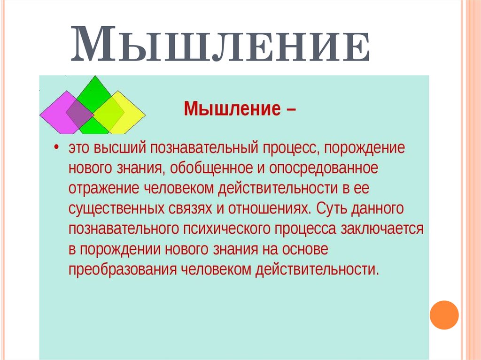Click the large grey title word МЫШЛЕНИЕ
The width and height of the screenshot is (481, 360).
(220, 46)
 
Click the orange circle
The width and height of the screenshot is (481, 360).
(444, 314)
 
